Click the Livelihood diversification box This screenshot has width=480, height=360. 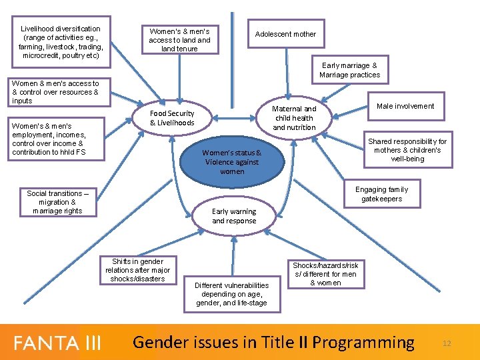(61, 42)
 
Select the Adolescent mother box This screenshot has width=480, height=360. (285, 34)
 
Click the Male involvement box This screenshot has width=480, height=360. (405, 106)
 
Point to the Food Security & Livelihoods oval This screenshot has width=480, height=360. (172, 118)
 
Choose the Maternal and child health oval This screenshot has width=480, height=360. (294, 118)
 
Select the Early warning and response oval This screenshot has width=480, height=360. (234, 216)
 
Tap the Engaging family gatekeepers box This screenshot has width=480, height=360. (381, 194)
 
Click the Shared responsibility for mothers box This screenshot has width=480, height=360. (407, 150)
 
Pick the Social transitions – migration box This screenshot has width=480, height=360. (57, 202)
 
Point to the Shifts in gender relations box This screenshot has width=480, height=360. (137, 270)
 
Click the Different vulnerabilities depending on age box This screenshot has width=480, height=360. (231, 294)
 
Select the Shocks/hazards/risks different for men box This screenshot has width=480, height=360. (325, 273)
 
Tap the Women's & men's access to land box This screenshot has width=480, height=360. (179, 40)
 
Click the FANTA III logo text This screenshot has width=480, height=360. (57, 343)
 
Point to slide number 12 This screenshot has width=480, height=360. (447, 343)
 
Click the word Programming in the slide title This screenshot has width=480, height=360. (363, 343)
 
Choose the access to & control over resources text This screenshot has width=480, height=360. (55, 92)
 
